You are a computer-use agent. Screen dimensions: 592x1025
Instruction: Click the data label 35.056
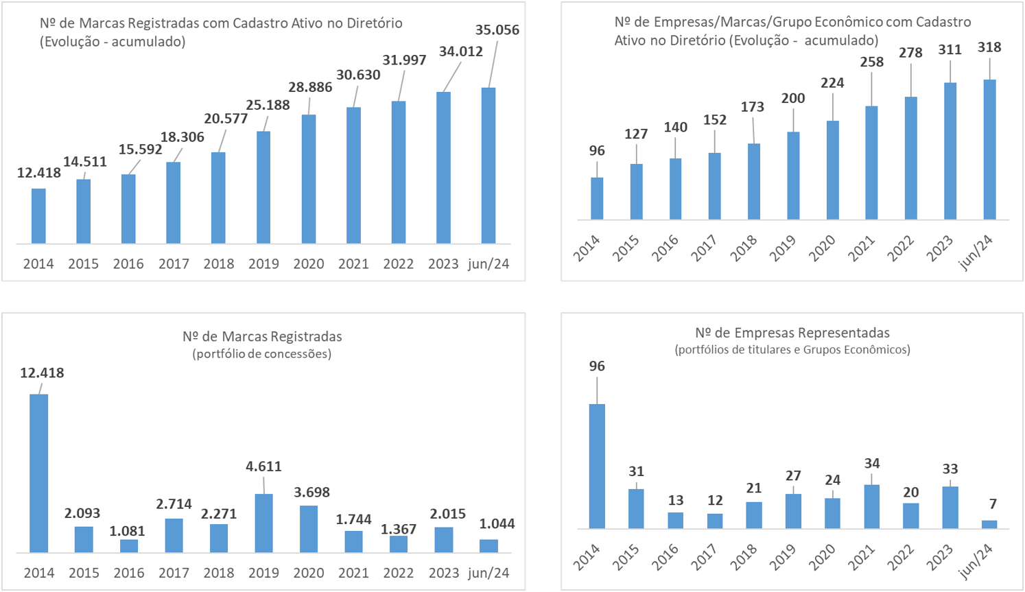point(497,29)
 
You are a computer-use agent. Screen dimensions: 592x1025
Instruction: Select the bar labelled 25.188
point(263,187)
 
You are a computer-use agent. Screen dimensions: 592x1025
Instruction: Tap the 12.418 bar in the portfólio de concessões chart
point(39,473)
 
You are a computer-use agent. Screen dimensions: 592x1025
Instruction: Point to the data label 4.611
point(263,466)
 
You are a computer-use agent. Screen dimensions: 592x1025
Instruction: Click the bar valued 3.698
point(309,529)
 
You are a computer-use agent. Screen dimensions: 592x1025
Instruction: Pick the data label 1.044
point(497,523)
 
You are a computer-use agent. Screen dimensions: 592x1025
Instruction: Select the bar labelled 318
point(989,150)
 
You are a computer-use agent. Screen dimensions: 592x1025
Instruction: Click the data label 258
point(871,62)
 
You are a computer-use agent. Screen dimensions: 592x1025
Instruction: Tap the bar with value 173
point(753,182)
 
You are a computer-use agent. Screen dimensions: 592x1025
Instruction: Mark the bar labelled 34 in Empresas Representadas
point(871,506)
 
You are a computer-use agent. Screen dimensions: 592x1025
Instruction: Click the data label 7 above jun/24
point(993,504)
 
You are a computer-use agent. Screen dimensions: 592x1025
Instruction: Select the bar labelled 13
point(676,520)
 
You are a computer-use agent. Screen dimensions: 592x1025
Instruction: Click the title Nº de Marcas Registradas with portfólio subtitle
point(262,337)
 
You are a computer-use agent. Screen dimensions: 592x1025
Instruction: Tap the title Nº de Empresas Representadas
point(792,333)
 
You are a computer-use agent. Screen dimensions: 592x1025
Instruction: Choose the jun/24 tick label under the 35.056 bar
point(488,263)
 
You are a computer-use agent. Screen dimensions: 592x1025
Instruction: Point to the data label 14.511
point(85,161)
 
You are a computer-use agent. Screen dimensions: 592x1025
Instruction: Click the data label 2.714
point(174,504)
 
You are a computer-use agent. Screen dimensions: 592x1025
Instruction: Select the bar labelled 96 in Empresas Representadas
point(597,466)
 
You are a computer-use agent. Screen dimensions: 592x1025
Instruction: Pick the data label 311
point(950,49)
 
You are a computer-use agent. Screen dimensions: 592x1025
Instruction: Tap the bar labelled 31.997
point(399,172)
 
